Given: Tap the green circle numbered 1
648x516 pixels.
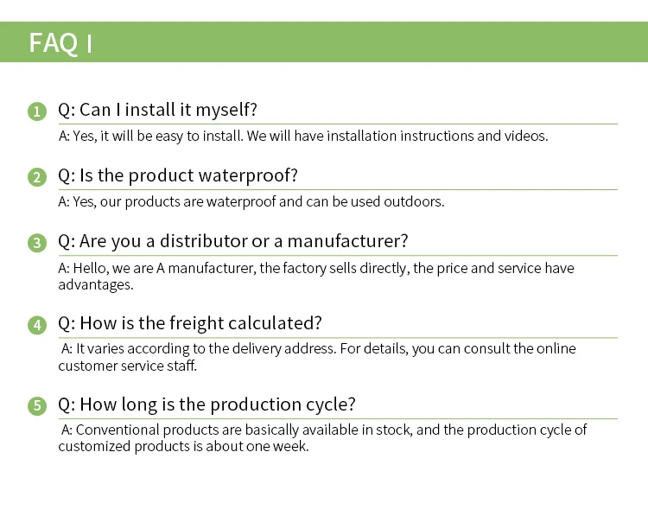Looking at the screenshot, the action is click(37, 111).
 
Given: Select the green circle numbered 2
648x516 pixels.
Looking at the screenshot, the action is click(37, 177).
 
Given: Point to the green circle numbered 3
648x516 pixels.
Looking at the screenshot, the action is click(37, 243).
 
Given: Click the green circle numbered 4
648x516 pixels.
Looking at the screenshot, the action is click(37, 325).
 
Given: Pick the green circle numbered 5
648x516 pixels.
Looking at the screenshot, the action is click(37, 405).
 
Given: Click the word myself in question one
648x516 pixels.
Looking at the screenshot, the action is click(226, 111).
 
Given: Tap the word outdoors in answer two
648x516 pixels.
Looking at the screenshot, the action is click(414, 201).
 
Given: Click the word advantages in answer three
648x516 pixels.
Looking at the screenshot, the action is click(96, 285).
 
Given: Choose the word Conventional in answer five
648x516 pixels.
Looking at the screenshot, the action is click(118, 430).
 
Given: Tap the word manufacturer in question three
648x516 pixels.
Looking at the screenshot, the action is click(347, 240).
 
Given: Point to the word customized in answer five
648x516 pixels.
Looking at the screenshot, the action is click(95, 447).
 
